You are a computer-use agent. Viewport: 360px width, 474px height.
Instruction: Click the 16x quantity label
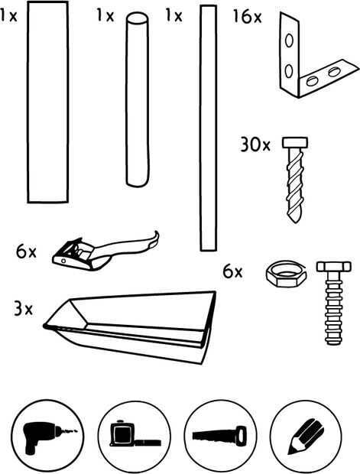[x=247, y=17]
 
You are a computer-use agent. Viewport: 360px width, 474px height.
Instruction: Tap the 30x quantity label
[x=255, y=144]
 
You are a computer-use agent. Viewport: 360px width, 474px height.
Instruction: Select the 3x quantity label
[x=23, y=309]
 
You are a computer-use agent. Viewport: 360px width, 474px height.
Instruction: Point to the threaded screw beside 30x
[x=295, y=179]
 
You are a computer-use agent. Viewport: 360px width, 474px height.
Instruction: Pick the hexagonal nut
[x=287, y=274]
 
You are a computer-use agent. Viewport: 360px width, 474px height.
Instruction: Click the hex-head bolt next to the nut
[x=334, y=303]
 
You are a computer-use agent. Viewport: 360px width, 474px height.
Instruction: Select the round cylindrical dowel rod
[x=138, y=99]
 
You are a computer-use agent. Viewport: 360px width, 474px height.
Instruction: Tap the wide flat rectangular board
[x=47, y=102]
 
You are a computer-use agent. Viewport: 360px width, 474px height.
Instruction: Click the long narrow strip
[x=208, y=128]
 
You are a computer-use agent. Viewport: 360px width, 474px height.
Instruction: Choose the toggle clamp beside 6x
[x=105, y=252]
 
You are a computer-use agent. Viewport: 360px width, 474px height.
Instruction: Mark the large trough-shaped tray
[x=130, y=326]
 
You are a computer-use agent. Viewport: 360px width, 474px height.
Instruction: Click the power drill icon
[x=48, y=437]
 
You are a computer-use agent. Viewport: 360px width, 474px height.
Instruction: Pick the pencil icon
[x=305, y=437]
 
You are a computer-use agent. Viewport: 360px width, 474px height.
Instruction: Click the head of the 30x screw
[x=295, y=142]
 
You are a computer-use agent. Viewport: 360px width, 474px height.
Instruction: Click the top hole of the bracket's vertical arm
[x=289, y=41]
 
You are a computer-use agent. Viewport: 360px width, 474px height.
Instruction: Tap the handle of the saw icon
[x=241, y=434]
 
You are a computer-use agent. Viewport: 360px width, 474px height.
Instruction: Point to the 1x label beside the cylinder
[x=105, y=15]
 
